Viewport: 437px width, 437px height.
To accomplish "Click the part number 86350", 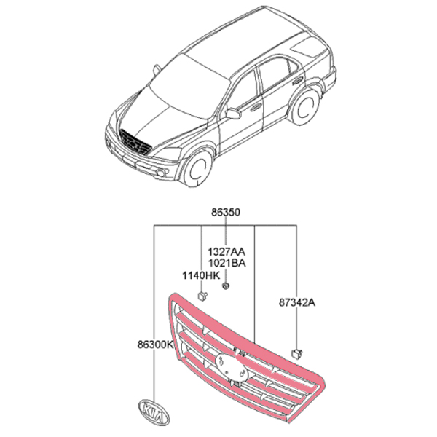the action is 225,213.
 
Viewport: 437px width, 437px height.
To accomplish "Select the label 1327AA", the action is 227,252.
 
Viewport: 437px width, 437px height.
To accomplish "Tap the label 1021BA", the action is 227,263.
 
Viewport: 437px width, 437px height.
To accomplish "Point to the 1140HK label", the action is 201,276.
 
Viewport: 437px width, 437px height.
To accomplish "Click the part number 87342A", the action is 297,303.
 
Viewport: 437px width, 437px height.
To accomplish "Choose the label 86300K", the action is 155,345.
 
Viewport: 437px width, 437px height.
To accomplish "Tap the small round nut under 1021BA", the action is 226,286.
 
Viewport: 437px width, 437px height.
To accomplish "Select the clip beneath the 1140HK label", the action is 202,296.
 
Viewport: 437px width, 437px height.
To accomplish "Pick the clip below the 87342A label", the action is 297,354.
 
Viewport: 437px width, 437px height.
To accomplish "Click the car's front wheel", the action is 197,169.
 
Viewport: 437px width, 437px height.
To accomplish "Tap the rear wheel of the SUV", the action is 304,108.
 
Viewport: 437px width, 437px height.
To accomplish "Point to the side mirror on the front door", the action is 234,113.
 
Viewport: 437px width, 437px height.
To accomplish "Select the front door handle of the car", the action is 256,107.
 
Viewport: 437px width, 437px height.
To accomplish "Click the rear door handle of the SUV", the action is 298,81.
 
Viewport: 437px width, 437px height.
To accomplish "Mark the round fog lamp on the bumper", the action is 161,173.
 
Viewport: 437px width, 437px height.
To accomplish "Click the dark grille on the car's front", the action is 135,142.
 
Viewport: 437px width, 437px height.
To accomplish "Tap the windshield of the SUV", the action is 190,86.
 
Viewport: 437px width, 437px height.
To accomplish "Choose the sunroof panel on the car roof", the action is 305,47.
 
